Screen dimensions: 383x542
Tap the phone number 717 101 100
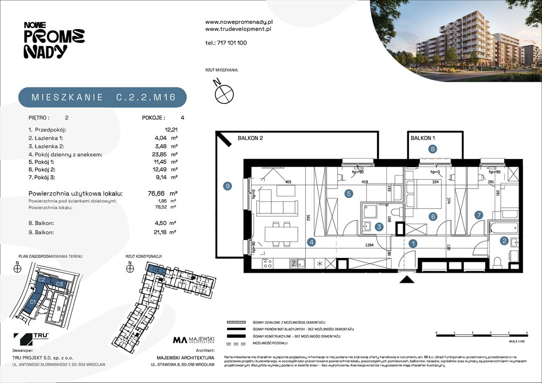[226, 43]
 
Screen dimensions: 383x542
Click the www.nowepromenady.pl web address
[238, 22]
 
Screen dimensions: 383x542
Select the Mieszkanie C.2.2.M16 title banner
[103, 97]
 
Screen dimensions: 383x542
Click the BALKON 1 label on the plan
[423, 138]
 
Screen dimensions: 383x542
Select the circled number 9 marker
[227, 186]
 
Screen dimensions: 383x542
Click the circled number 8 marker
[433, 148]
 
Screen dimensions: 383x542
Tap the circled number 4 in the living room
[311, 242]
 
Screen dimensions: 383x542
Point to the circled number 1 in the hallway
[412, 243]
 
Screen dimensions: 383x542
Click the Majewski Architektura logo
[193, 341]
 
